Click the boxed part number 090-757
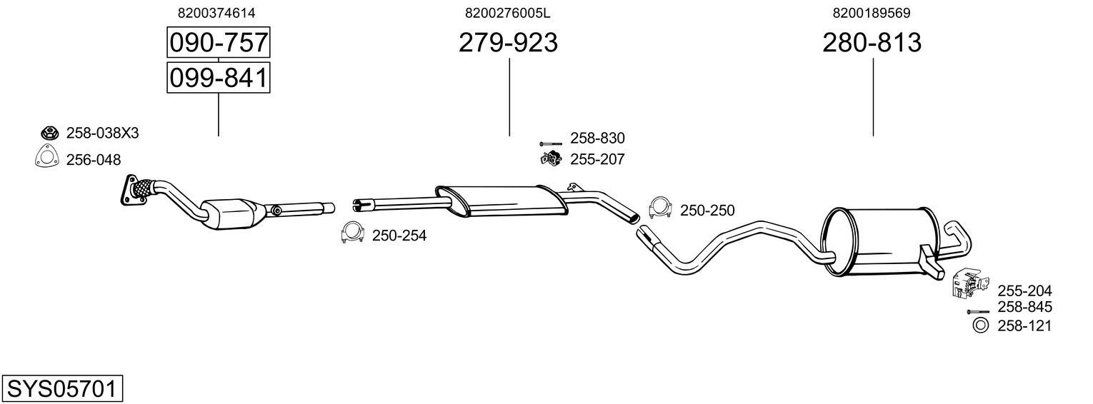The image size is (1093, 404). coord(218,43)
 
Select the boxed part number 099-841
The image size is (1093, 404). coord(218,77)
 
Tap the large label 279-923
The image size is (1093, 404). coord(508,43)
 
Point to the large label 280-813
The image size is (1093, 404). coord(872,43)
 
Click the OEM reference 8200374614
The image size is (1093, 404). coord(216,13)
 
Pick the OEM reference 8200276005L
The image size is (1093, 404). coord(508,13)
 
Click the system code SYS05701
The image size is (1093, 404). coord(61,389)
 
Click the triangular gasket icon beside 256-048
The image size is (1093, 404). coord(46,158)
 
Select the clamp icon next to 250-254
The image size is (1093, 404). coord(353,233)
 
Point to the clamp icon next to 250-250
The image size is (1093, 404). coord(660,208)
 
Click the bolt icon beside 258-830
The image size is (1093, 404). coord(552,143)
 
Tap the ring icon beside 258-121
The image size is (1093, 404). coord(980,325)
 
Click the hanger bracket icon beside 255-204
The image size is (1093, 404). coord(966,283)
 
